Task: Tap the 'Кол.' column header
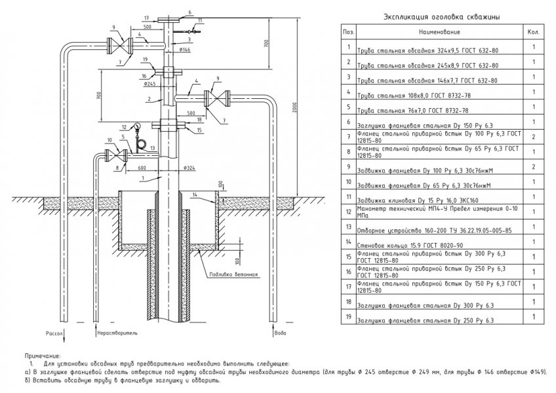click(x=533, y=31)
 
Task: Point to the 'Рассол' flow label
click(x=54, y=332)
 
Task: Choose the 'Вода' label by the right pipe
click(x=281, y=332)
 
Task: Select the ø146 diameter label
click(x=184, y=49)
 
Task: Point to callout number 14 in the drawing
click(x=194, y=195)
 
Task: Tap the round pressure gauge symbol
click(x=138, y=126)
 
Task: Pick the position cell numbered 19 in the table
click(x=348, y=317)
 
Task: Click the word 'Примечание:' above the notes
click(x=40, y=354)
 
